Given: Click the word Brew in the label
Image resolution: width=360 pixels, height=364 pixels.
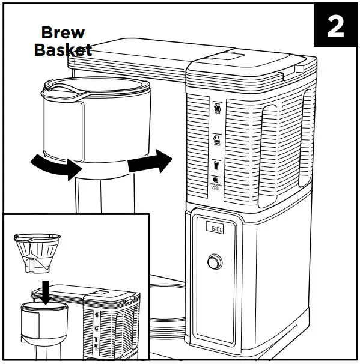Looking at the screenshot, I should click(62, 33).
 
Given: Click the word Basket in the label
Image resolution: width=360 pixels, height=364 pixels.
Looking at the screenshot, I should click(63, 49).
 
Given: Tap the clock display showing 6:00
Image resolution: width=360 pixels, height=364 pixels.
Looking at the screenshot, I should click(215, 229).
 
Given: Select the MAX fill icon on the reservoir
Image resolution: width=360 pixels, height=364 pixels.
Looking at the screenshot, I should click(217, 108).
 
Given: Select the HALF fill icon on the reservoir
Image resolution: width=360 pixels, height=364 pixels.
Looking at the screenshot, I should click(216, 140).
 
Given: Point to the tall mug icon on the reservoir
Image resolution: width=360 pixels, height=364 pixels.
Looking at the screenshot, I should click(216, 164).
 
